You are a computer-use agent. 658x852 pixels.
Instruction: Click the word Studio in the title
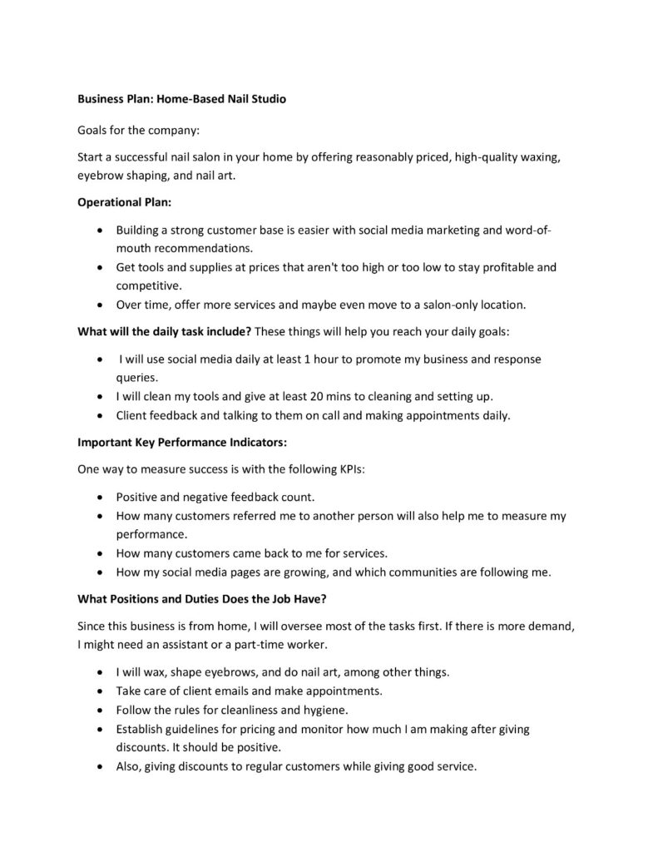(267, 99)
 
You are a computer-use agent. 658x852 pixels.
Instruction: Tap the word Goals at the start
(93, 131)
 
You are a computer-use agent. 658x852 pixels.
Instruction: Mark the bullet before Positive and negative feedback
(101, 498)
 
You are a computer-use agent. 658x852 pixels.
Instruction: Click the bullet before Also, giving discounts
(101, 767)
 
